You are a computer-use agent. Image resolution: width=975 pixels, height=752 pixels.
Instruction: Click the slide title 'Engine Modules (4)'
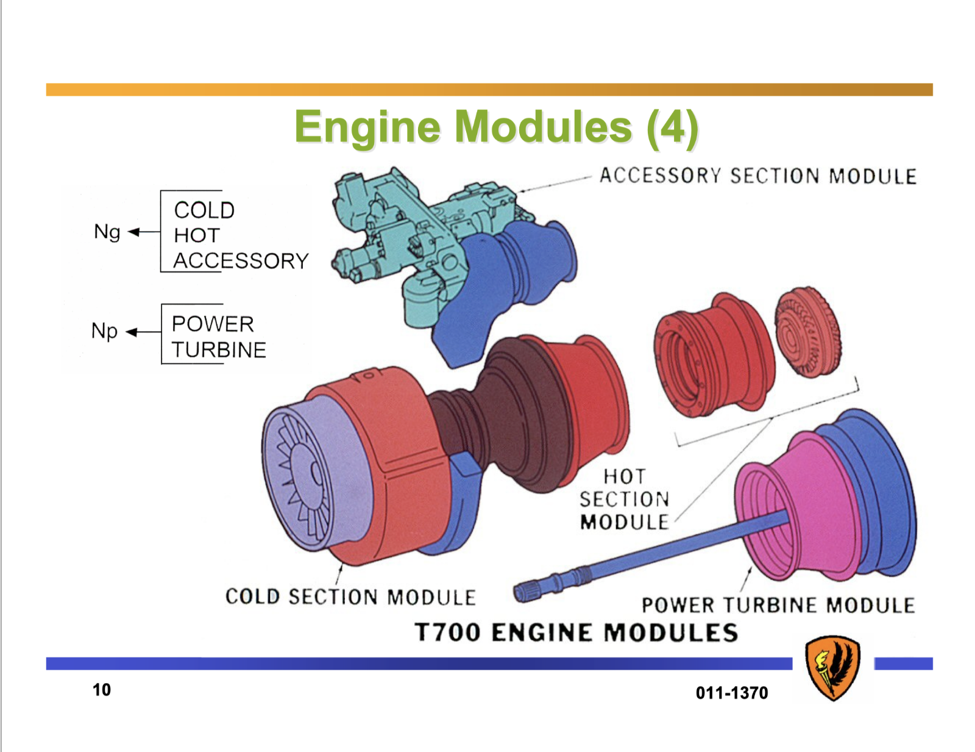[496, 127]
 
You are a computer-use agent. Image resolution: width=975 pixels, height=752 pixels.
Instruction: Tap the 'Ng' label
[107, 232]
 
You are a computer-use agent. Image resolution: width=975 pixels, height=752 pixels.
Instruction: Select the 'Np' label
[104, 331]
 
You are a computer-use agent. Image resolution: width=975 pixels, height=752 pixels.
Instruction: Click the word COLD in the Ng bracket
[204, 210]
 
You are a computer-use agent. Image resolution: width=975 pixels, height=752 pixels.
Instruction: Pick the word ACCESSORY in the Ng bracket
[241, 261]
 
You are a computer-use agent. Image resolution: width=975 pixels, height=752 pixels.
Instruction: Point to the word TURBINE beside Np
[219, 350]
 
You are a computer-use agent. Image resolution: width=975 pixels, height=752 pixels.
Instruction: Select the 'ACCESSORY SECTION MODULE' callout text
[757, 176]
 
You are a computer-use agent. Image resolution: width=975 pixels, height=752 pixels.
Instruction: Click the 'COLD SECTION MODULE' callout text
[350, 596]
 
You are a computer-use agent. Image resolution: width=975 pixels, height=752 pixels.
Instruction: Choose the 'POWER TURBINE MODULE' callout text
[778, 605]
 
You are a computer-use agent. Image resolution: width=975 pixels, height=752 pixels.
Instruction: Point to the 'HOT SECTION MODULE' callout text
[624, 500]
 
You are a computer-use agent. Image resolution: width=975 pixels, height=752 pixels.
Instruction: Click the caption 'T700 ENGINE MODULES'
[576, 632]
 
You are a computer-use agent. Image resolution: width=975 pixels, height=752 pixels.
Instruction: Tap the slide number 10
[102, 690]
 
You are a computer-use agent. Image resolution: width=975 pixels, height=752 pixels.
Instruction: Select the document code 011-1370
[732, 693]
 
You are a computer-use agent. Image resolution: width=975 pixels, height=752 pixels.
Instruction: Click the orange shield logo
[832, 667]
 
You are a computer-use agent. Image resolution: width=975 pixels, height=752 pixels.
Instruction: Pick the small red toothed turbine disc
[807, 332]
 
